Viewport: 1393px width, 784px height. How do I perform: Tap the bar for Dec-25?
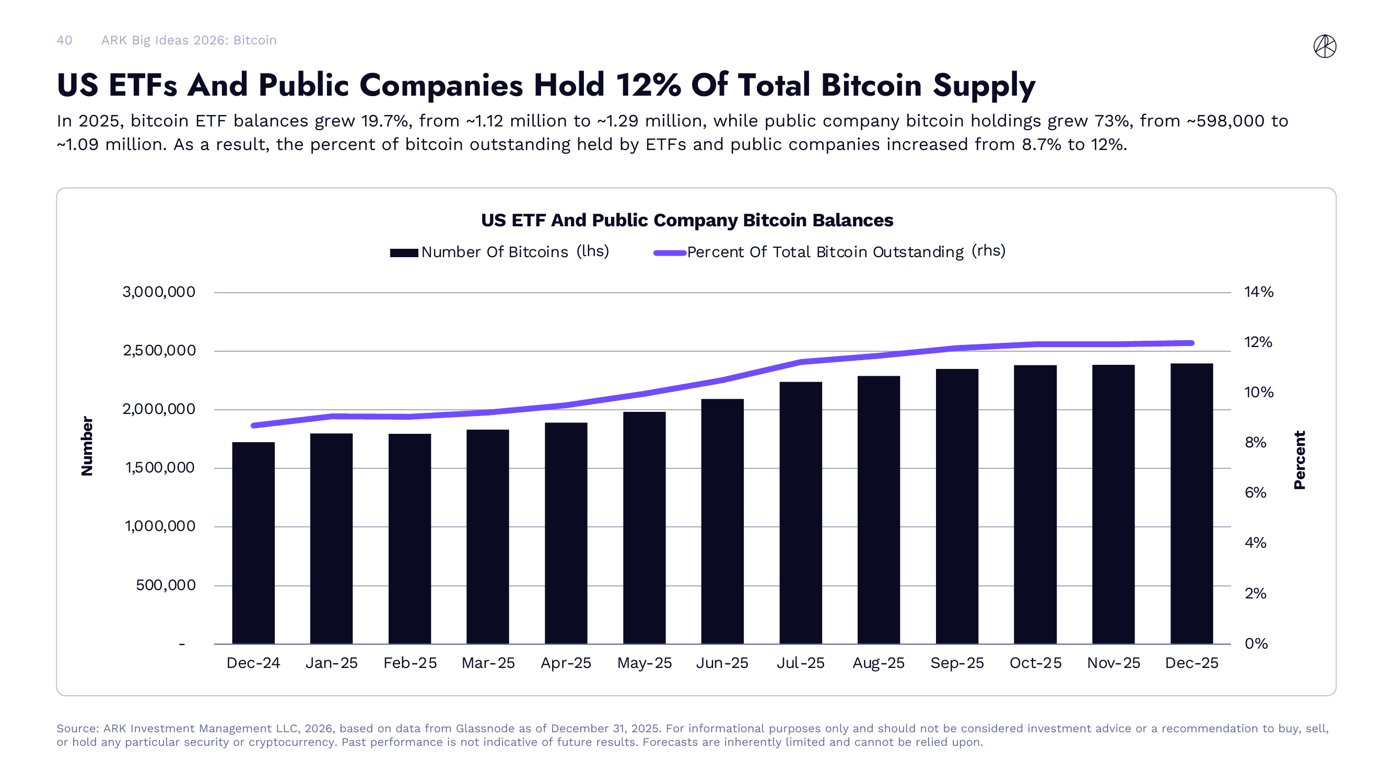1191,503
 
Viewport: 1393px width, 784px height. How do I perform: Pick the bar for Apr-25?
566,533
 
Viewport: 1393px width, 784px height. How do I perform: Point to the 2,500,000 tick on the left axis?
159,351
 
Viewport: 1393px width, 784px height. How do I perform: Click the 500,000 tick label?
166,585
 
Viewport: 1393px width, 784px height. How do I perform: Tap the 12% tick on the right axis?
1258,342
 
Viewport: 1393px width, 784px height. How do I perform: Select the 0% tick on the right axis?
1256,643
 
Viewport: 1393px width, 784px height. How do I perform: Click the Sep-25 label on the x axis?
956,663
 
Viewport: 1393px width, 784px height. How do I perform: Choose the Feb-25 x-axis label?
410,663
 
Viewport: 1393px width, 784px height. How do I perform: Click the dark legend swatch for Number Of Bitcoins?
404,252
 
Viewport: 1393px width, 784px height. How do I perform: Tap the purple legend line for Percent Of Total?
670,252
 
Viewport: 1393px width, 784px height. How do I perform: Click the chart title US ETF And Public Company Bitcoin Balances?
687,220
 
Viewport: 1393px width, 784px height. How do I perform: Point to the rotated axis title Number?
87,446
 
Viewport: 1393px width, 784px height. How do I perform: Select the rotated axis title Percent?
1300,460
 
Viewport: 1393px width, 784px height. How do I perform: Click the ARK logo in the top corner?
1325,46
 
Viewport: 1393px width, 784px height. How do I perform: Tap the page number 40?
64,40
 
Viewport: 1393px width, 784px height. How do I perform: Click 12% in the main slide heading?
648,86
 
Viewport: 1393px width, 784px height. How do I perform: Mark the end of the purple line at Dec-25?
1191,343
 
